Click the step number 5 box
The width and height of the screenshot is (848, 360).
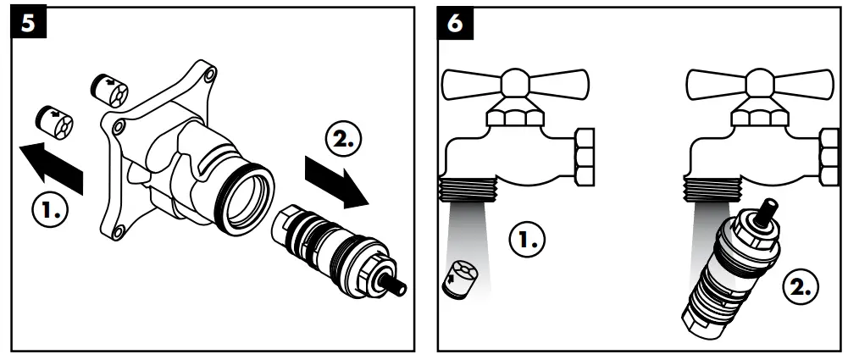click(x=27, y=24)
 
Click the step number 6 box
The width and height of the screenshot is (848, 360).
click(x=456, y=24)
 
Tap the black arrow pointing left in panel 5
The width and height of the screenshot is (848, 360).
click(x=53, y=166)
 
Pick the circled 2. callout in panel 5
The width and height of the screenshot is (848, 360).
click(x=343, y=138)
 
